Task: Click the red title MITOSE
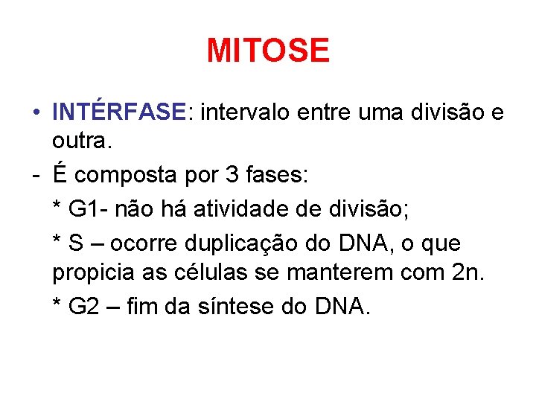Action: pyautogui.click(x=267, y=51)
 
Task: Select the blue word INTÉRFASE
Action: pyautogui.click(x=118, y=112)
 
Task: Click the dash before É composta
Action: pyautogui.click(x=36, y=176)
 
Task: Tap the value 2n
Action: pyautogui.click(x=468, y=274)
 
